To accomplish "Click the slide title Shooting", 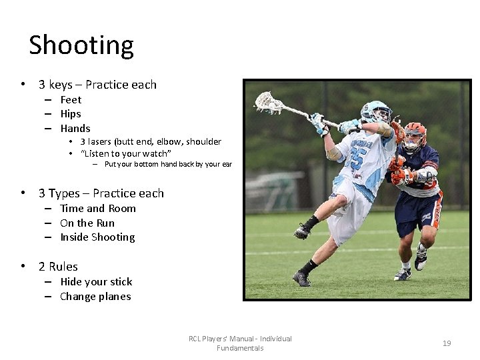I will coord(81,45).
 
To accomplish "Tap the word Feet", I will coord(71,100).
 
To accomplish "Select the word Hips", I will coord(71,114).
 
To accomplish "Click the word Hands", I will coord(75,129).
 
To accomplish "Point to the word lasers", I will coord(100,141).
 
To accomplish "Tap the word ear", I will coord(227,164).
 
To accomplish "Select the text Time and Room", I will coord(98,209).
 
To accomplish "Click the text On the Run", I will coord(87,223).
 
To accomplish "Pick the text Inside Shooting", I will coord(97,237).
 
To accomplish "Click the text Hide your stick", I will coord(96,282).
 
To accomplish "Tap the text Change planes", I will coord(95,297).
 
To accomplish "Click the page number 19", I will coord(447,343).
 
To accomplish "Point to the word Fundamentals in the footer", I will coord(240,348).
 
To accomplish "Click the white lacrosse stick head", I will coord(268,102).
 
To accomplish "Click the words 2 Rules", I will coord(58,267).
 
